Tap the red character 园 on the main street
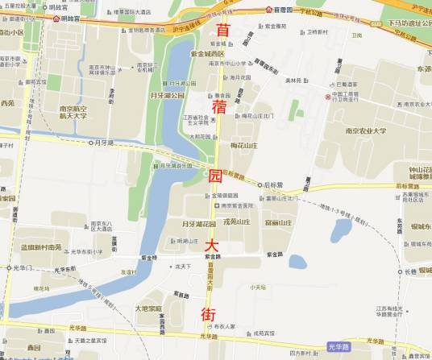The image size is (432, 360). tap(214, 177)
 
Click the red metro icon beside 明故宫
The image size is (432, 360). tap(56, 18)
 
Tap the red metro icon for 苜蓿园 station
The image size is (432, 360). tap(268, 10)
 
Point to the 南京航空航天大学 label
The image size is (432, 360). tap(79, 113)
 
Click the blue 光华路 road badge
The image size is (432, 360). tap(339, 347)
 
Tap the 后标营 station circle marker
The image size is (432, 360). tap(260, 184)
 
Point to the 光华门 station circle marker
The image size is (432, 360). tap(9, 267)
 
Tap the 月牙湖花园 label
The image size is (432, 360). tap(197, 223)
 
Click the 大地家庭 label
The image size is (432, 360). tap(148, 308)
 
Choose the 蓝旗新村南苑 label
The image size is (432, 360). tap(41, 248)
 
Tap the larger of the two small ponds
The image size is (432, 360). tap(341, 230)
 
